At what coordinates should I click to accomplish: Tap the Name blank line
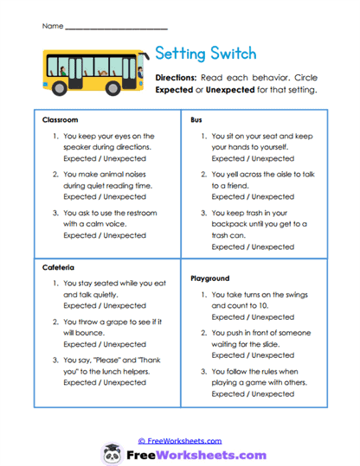(116, 27)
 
